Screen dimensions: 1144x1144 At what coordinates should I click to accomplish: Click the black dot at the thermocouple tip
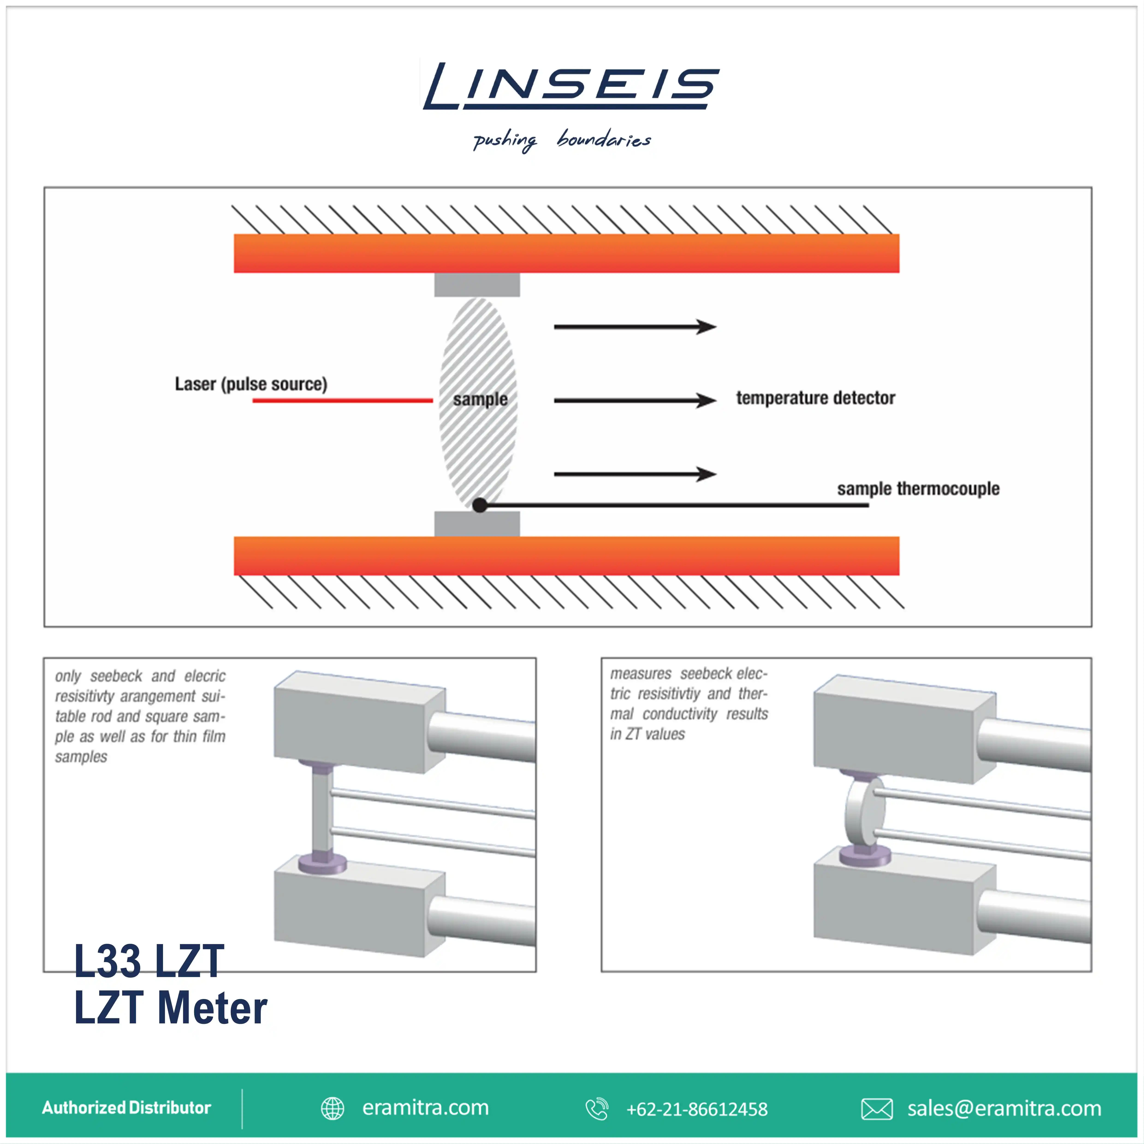480,505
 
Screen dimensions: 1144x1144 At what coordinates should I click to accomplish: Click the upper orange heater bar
566,253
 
